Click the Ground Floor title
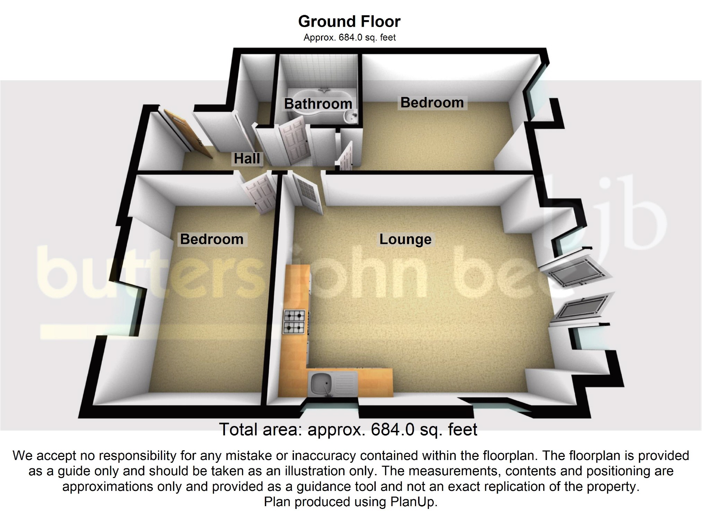349,22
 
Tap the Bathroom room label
318,104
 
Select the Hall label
247,159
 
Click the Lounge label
405,239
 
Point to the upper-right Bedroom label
432,103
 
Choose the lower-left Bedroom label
212,239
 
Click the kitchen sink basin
321,384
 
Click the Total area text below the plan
348,429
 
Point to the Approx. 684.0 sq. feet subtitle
349,37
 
